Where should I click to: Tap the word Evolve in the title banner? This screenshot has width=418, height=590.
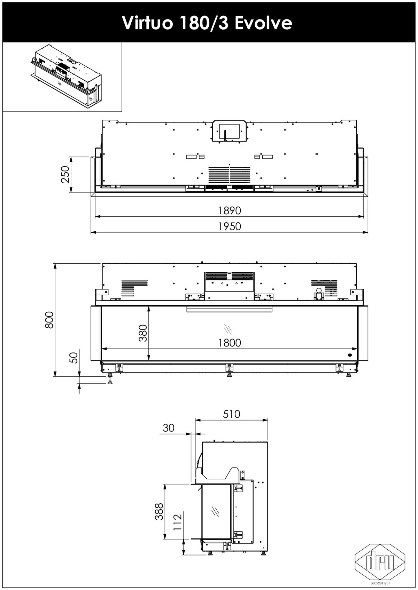point(263,23)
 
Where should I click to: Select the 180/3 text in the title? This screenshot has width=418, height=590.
point(205,23)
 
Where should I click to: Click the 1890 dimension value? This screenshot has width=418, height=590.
point(230,210)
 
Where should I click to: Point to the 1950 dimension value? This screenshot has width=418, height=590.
point(230,226)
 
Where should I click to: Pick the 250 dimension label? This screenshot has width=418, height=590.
point(65,174)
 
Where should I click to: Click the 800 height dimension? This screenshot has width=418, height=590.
point(49,320)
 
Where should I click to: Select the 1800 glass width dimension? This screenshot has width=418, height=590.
point(230,343)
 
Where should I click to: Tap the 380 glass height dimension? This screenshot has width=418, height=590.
point(143,333)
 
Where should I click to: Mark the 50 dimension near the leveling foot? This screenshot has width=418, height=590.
point(75,357)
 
